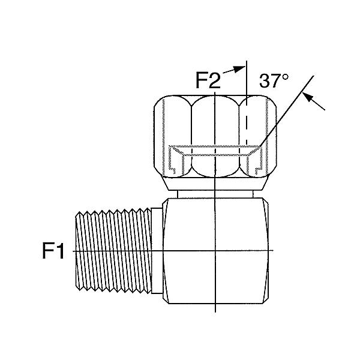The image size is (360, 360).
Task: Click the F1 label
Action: tap(53, 251)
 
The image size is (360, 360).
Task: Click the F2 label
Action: tap(208, 80)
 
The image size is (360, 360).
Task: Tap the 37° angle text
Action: tap(274, 81)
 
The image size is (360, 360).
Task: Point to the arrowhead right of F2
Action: tap(240, 69)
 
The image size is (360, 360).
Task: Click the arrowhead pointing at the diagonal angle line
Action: tap(308, 97)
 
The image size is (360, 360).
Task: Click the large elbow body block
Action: tap(216, 251)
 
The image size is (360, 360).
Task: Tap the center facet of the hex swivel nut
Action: tap(215, 136)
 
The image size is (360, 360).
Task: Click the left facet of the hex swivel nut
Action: tap(173, 136)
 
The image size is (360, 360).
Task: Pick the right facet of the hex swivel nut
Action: tap(257, 136)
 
